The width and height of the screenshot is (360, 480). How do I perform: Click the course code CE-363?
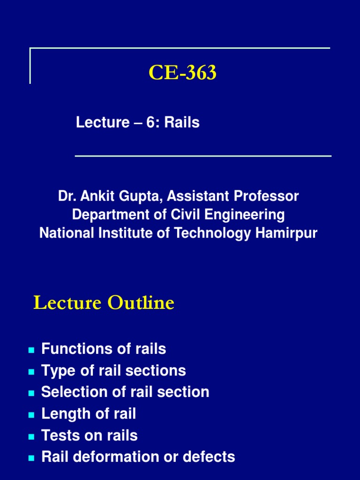(183, 73)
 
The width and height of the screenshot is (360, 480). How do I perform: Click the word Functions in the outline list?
(71, 349)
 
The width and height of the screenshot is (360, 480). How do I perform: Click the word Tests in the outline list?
(58, 435)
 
